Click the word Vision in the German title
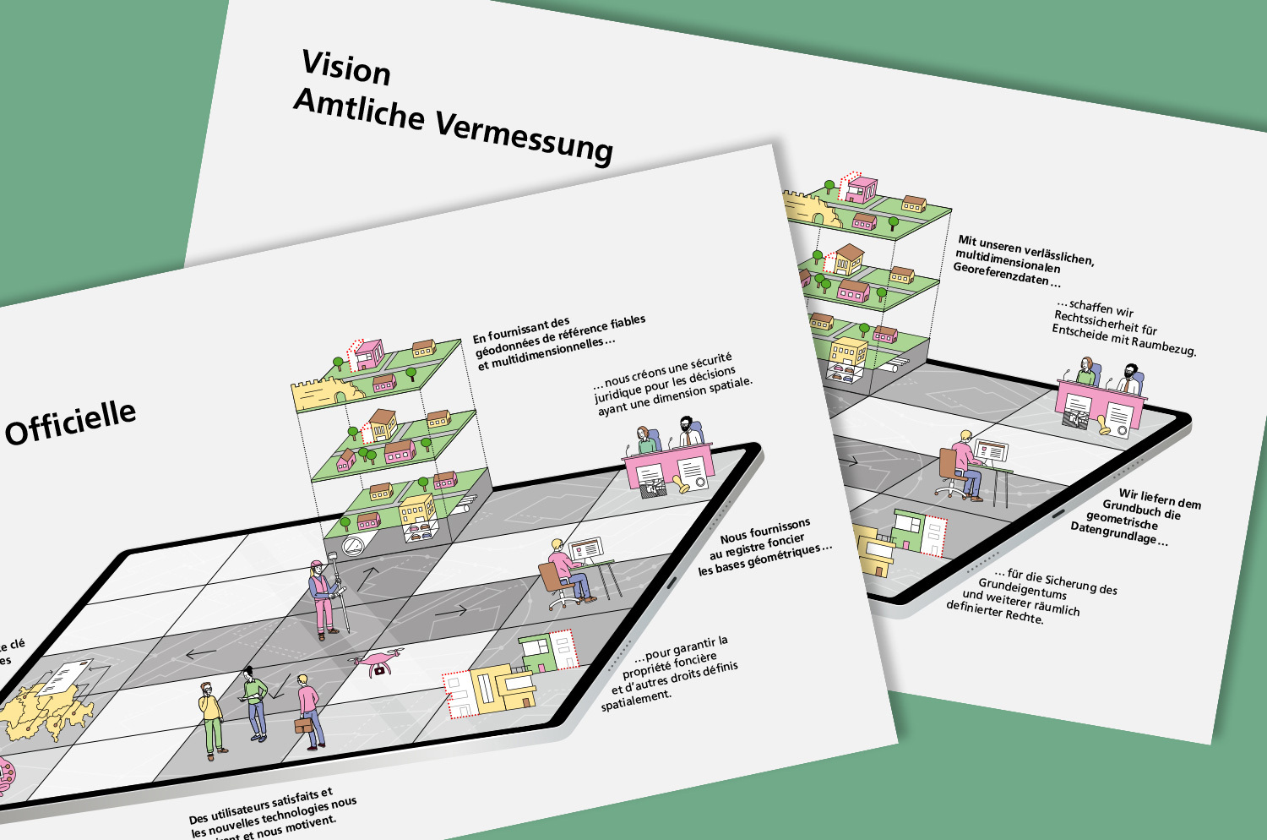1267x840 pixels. pyautogui.click(x=346, y=68)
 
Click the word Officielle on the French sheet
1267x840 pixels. pyautogui.click(x=71, y=423)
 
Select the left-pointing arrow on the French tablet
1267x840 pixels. pyautogui.click(x=200, y=653)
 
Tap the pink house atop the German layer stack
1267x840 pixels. pyautogui.click(x=861, y=188)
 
